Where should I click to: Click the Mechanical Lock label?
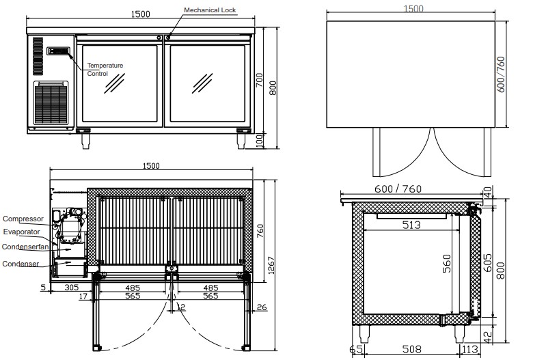click(210, 10)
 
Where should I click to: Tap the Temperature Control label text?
click(105, 70)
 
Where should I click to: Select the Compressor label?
click(23, 219)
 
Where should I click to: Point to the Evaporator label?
click(21, 232)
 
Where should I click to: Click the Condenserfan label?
click(25, 247)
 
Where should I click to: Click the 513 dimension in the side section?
click(411, 225)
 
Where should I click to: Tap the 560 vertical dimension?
click(446, 264)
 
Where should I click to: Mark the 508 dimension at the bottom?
click(412, 349)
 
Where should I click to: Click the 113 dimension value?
click(470, 349)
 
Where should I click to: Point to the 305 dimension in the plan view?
click(71, 288)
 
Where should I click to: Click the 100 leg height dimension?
click(260, 141)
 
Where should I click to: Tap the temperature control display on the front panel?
click(59, 51)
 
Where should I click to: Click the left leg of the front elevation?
click(85, 141)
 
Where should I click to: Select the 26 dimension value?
click(262, 307)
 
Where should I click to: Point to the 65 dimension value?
click(357, 349)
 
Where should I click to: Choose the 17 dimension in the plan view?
click(83, 296)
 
